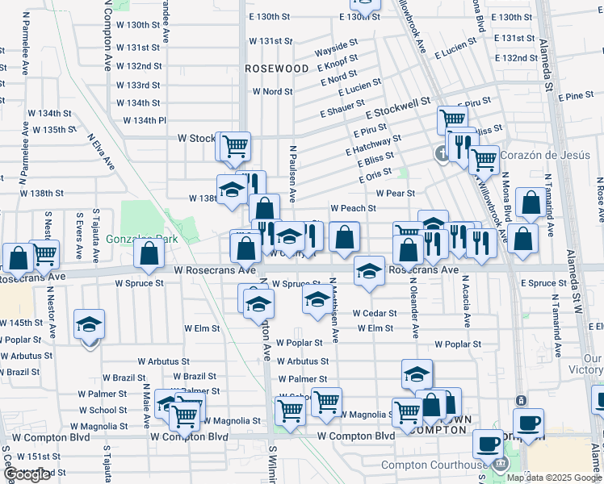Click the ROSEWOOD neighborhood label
tap(277, 69)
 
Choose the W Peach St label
tap(353, 208)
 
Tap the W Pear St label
tap(395, 194)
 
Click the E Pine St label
tap(576, 96)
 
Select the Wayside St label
tap(336, 44)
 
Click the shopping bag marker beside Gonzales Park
tap(150, 253)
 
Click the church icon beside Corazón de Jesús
tap(442, 153)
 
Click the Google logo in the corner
tap(27, 475)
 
